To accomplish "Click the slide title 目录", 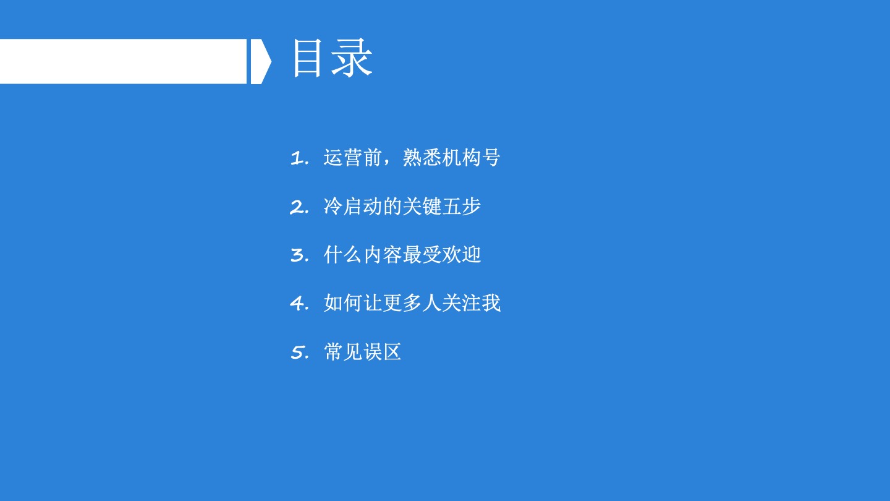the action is (x=333, y=58).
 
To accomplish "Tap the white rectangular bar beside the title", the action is (x=123, y=61).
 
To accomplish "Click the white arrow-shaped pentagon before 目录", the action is (x=261, y=61).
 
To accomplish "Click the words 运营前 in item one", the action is (x=353, y=158).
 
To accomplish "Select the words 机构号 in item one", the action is (x=471, y=158).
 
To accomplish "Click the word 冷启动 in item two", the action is (x=353, y=207).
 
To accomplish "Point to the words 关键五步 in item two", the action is (x=441, y=207).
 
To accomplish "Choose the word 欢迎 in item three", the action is (x=461, y=255).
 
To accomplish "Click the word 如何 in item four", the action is (x=343, y=303).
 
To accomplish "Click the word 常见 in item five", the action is (x=343, y=352).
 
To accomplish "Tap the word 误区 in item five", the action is (x=382, y=352).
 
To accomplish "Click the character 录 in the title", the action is (x=352, y=58).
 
